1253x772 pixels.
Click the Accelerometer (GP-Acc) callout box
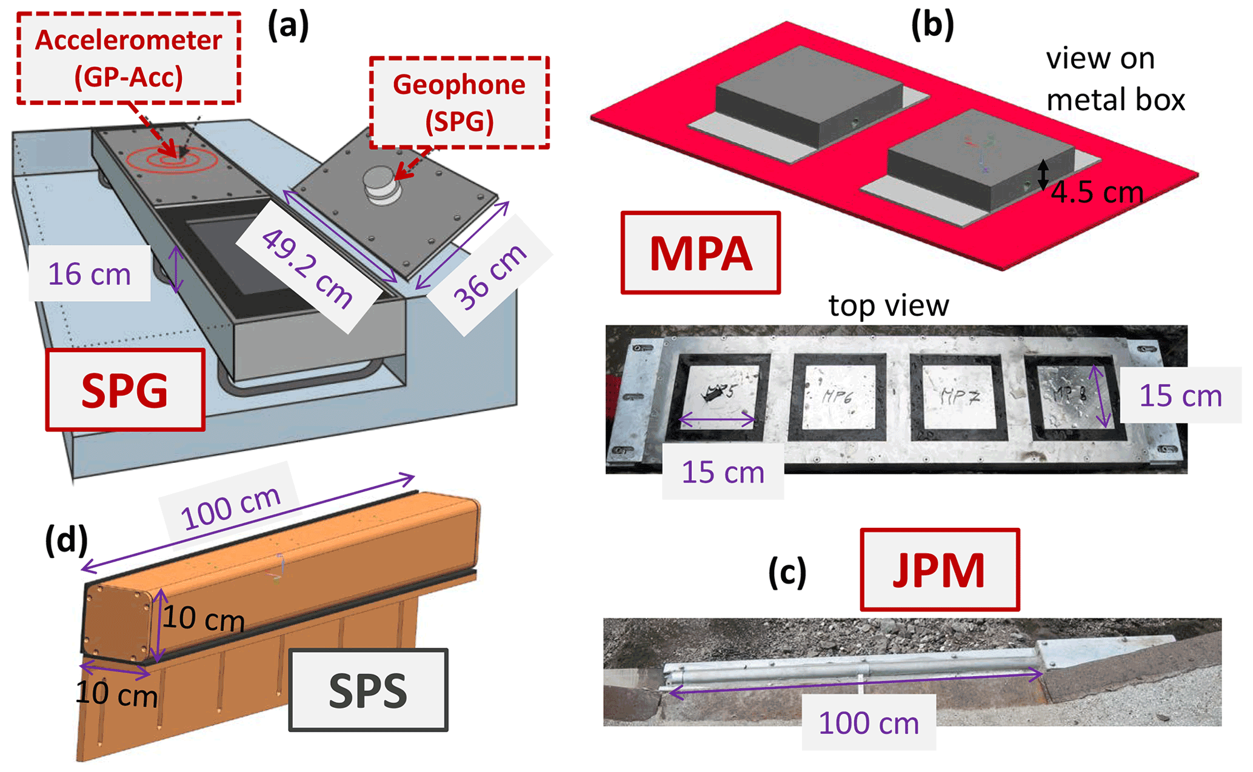(129, 58)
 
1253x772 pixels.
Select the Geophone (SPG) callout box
(459, 102)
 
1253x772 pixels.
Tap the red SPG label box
(125, 390)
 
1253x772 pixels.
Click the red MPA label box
(700, 253)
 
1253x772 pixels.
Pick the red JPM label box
(939, 570)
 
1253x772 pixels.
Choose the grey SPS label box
(368, 690)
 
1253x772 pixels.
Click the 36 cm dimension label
(490, 277)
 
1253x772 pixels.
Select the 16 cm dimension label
(89, 274)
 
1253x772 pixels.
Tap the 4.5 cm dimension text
(1097, 193)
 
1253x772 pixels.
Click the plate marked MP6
(838, 397)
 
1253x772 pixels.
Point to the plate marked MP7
(959, 397)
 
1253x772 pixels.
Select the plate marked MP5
(719, 394)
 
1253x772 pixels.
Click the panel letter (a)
(288, 26)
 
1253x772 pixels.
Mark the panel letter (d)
(66, 539)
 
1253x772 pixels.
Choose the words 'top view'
(888, 305)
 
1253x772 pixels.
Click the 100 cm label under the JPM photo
(868, 723)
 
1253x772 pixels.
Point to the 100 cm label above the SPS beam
(230, 508)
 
